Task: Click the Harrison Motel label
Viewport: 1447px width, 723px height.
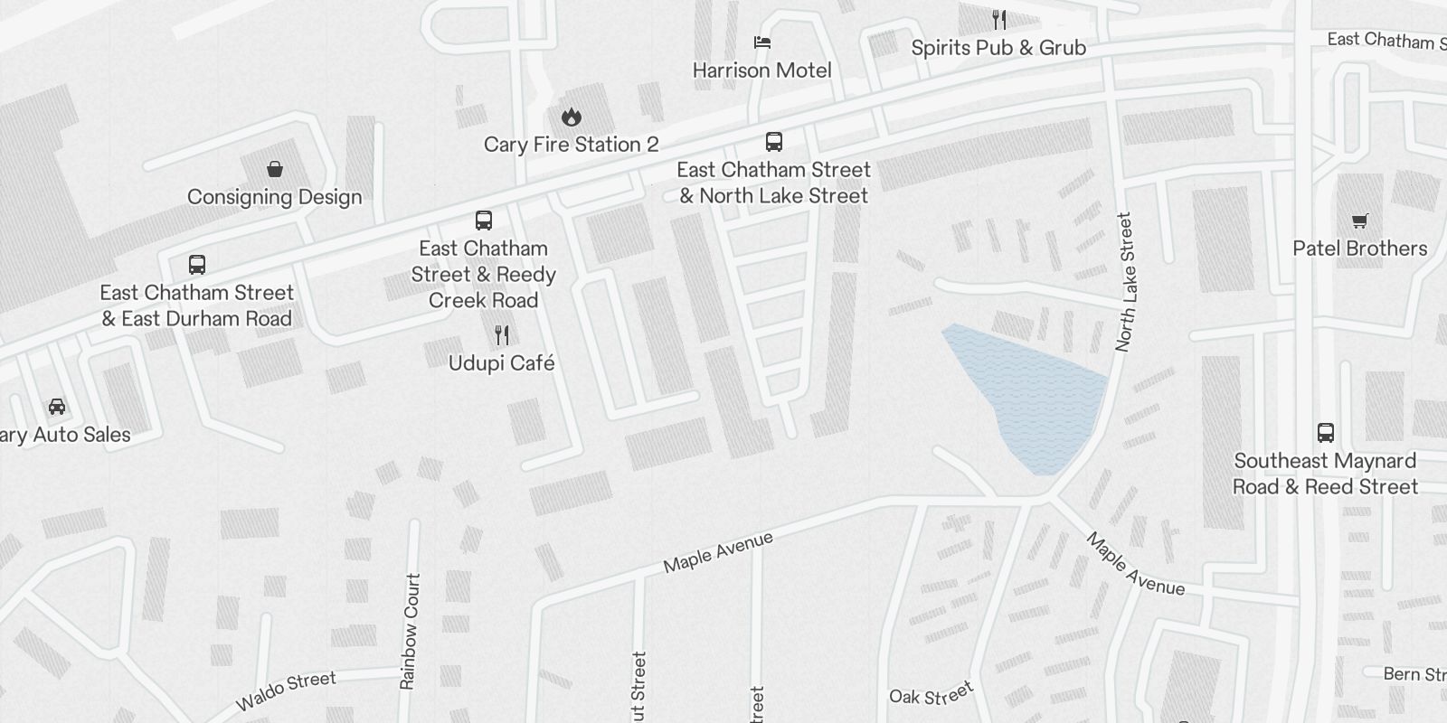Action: (761, 70)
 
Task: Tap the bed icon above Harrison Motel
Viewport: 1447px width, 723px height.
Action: (762, 42)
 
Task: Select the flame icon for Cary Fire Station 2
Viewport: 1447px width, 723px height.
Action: (571, 117)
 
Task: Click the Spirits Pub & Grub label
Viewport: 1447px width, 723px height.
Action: (998, 48)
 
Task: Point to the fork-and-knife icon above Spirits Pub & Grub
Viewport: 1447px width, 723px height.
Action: (999, 19)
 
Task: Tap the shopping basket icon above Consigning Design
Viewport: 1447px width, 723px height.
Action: (275, 169)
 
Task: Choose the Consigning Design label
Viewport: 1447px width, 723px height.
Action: (274, 197)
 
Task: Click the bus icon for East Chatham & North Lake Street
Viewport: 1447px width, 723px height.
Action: (774, 142)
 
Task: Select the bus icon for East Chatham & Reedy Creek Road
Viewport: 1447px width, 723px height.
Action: (484, 221)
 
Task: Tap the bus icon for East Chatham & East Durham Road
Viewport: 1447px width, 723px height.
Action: (197, 265)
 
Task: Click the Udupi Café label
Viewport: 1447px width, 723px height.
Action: (502, 363)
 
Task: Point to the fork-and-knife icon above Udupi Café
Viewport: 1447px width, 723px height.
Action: (502, 335)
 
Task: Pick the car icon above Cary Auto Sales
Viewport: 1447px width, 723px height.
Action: (57, 407)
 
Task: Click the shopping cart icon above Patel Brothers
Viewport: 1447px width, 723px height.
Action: (1359, 221)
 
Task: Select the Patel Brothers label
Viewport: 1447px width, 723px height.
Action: (1359, 249)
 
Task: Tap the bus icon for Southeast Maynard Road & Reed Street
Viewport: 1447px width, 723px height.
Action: (1326, 433)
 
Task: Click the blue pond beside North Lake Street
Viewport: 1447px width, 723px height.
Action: (1036, 398)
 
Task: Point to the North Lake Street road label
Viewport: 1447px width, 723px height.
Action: (1125, 282)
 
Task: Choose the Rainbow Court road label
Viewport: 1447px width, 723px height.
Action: (410, 631)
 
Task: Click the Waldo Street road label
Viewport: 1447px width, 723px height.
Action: (286, 690)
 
